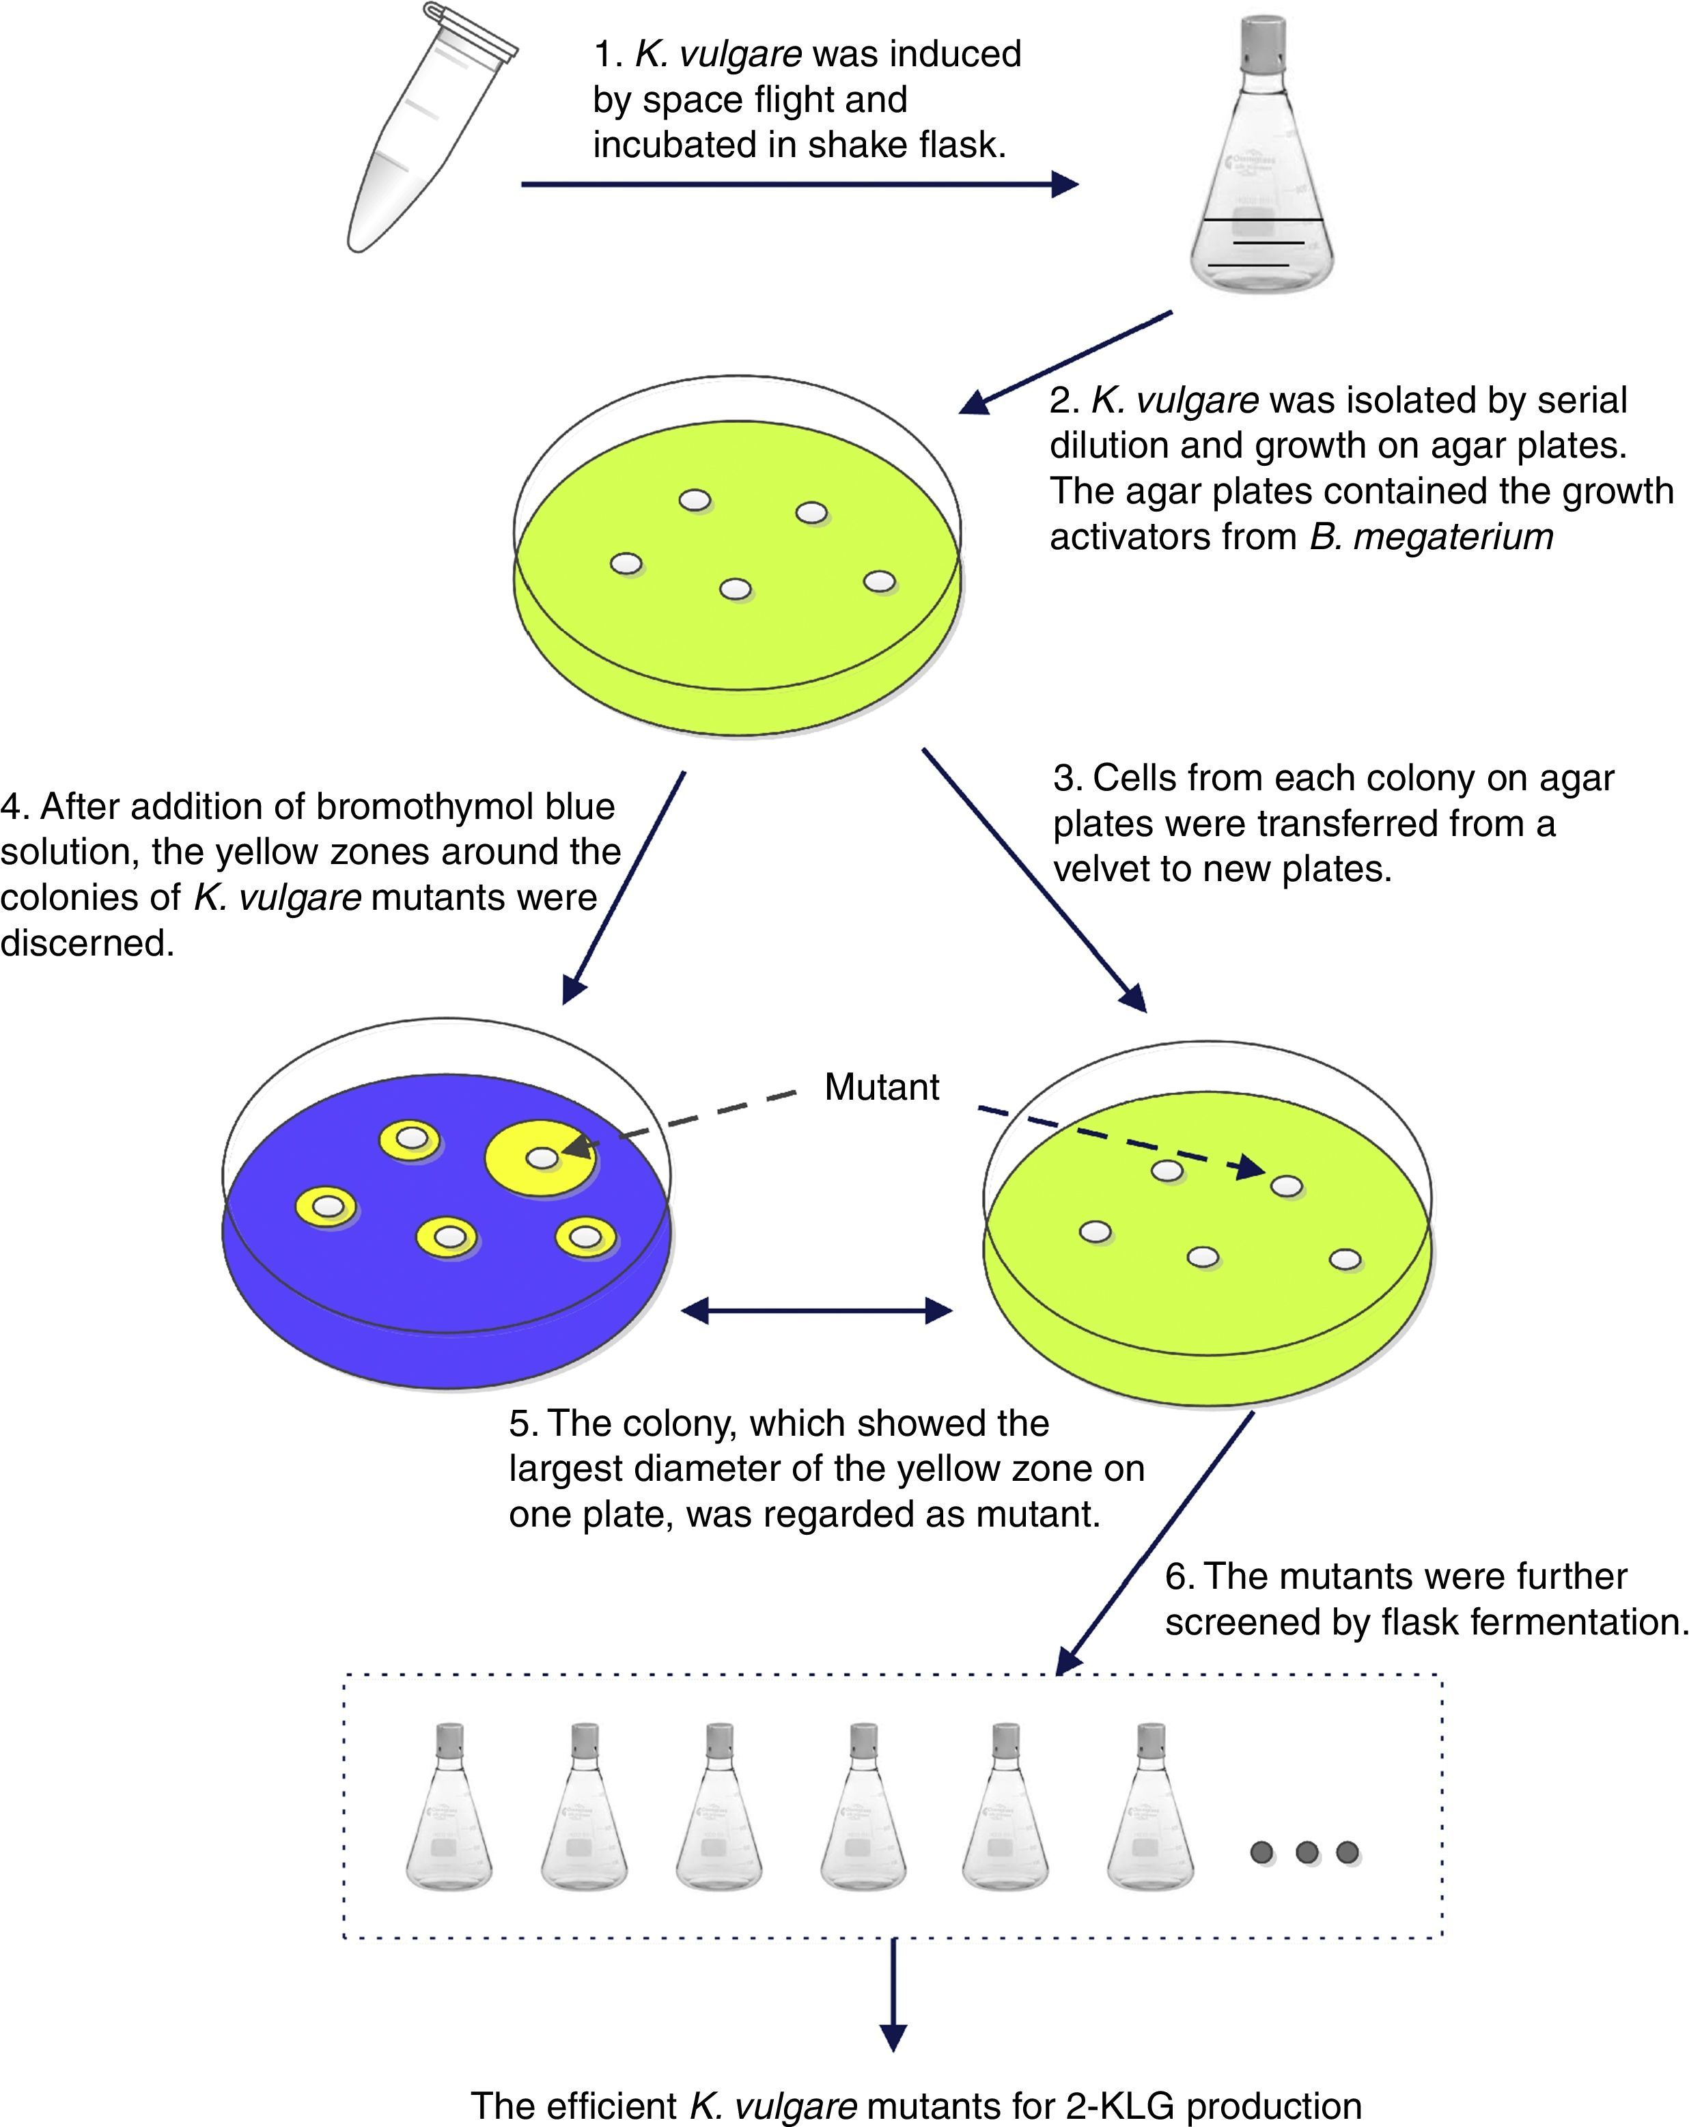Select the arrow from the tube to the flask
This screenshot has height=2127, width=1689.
(x=799, y=184)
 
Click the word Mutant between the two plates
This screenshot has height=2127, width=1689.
(x=881, y=1087)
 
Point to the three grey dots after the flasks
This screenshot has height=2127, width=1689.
(x=1305, y=1852)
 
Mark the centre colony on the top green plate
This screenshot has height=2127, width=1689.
(x=735, y=589)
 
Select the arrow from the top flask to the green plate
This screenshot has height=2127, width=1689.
(x=1065, y=361)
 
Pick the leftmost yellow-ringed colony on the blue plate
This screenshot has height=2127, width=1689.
(x=326, y=1206)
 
